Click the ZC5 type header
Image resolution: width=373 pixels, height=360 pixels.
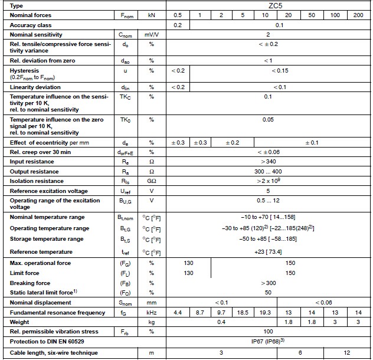pyautogui.click(x=268, y=5)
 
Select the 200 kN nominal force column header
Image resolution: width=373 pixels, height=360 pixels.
pyautogui.click(x=358, y=14)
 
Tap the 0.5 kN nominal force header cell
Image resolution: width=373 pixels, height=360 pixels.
pyautogui.click(x=178, y=14)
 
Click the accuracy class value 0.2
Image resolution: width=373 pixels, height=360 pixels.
pyautogui.click(x=178, y=25)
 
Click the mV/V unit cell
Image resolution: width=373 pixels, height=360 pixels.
pyautogui.click(x=151, y=35)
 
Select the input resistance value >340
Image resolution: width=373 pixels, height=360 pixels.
pyautogui.click(x=268, y=161)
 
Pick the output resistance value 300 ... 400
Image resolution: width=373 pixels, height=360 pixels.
pyautogui.click(x=268, y=171)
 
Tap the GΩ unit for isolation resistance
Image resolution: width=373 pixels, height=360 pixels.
pyautogui.click(x=151, y=181)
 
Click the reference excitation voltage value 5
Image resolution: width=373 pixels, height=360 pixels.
pyautogui.click(x=268, y=191)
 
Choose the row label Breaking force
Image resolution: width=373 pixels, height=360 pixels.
pyautogui.click(x=31, y=283)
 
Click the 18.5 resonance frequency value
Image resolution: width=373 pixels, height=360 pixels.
pyautogui.click(x=242, y=312)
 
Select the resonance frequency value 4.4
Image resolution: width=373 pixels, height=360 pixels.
pyautogui.click(x=178, y=312)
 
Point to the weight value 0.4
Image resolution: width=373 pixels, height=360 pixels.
pyautogui.click(x=221, y=322)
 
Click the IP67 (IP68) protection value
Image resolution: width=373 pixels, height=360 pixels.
pyautogui.click(x=268, y=342)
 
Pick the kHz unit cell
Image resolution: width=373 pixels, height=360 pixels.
pyautogui.click(x=151, y=312)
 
